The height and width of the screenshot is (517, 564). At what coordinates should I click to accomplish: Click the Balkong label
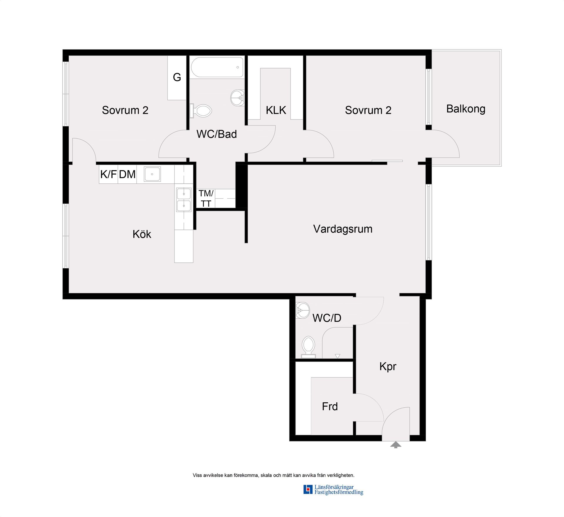tap(466, 109)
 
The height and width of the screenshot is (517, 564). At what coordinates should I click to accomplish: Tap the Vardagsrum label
tap(343, 229)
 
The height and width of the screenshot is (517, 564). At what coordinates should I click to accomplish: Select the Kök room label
tap(142, 234)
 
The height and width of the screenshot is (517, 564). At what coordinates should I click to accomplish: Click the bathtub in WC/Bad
tap(217, 67)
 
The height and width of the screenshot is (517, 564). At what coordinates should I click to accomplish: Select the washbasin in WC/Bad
tap(238, 98)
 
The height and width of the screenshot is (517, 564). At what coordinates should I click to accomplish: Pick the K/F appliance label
tap(108, 174)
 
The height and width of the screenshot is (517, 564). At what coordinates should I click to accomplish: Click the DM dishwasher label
tap(127, 174)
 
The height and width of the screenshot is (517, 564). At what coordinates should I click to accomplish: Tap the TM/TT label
tap(206, 198)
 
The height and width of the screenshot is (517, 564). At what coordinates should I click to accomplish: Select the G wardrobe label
tap(177, 77)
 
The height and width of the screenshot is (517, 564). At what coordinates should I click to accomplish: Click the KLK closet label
tap(276, 110)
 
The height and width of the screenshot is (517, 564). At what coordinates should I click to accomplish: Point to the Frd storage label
tap(330, 406)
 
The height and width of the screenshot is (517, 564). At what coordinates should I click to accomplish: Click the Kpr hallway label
tap(388, 367)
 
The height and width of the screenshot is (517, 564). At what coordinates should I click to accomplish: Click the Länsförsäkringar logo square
tap(308, 489)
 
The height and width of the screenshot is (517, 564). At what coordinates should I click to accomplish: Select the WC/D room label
tap(327, 318)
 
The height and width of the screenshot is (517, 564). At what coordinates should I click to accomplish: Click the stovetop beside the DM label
tap(152, 174)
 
